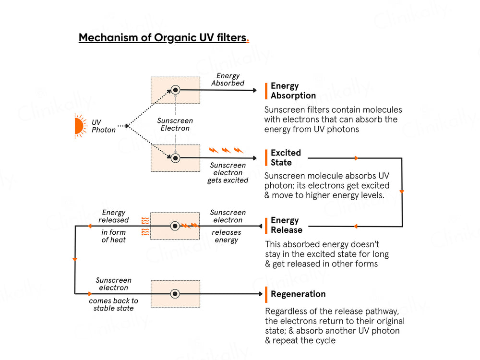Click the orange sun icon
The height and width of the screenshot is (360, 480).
[79, 126]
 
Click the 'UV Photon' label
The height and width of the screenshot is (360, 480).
[104, 126]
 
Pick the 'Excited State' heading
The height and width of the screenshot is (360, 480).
[286, 157]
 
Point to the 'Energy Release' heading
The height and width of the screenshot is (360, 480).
[287, 225]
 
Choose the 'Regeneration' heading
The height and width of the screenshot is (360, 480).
[298, 294]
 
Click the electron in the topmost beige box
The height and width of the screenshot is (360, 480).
[176, 90]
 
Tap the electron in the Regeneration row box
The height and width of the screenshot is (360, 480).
[176, 294]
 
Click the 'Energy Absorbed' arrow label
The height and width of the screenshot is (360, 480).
[228, 80]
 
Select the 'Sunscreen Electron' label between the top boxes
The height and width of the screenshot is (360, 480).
[175, 125]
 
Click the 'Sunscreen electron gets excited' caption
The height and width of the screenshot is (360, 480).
[228, 173]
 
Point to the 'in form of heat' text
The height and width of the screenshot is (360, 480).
[114, 236]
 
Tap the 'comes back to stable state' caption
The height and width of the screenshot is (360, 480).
[114, 304]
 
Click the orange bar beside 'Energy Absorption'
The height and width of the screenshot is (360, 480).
[266, 91]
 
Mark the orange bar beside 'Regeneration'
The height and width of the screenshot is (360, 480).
[266, 294]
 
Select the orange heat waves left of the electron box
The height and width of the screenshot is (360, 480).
[144, 226]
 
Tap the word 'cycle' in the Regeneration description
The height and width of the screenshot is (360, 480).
[324, 340]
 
